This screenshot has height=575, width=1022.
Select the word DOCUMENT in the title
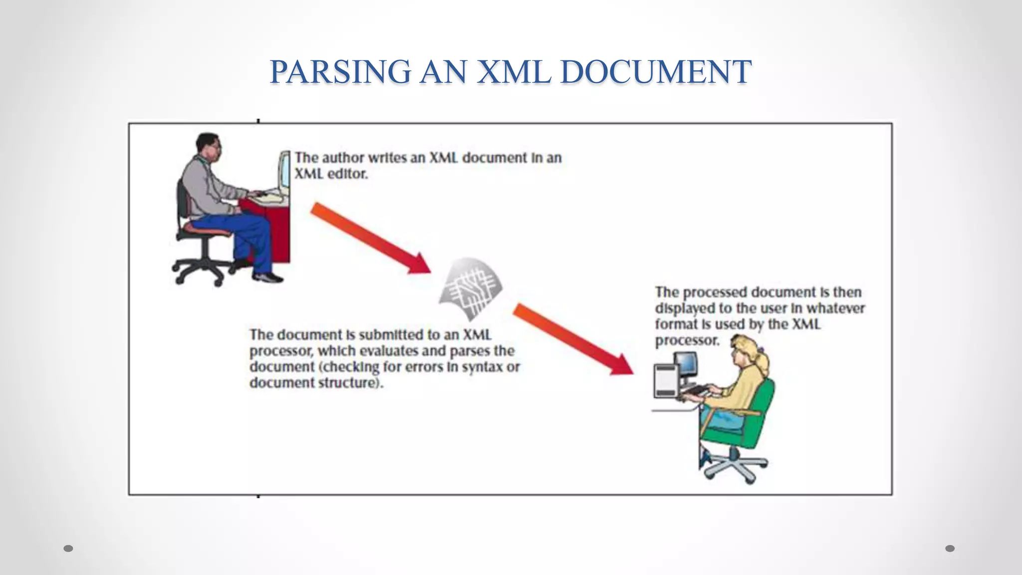656,71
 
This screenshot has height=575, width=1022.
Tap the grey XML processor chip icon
470,288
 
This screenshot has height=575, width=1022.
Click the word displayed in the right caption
686,308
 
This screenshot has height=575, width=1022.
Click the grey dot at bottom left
69,548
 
